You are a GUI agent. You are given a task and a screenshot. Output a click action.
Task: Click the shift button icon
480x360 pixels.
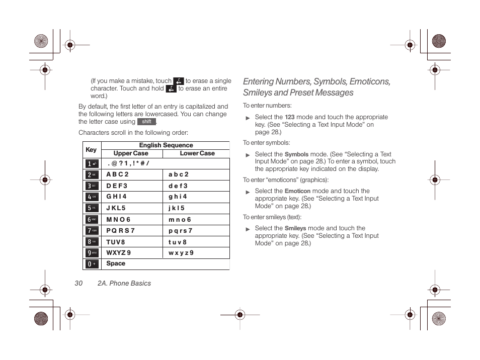146,122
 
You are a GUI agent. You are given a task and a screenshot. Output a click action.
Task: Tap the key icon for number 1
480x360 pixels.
92,164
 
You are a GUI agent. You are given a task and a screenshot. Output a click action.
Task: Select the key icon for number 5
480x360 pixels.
92,208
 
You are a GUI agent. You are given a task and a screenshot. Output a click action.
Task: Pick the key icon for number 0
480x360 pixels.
92,264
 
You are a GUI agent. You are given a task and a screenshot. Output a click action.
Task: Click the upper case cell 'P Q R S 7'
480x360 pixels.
121,231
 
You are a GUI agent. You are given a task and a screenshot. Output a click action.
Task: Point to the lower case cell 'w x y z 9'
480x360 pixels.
181,253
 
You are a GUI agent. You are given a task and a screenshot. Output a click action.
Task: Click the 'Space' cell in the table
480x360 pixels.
116,263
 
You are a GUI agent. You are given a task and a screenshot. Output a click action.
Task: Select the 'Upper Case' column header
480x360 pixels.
131,153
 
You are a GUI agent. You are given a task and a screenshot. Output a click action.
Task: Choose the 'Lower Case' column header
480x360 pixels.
197,153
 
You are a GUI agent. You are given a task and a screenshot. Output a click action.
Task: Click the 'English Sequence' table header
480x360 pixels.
166,145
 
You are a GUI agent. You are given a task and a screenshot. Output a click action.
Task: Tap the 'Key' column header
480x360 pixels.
91,150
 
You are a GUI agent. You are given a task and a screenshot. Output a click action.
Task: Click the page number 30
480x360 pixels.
78,284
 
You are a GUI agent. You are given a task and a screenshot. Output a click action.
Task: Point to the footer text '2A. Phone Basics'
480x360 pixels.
124,284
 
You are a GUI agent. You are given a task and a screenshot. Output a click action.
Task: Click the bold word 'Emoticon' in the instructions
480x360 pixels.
297,192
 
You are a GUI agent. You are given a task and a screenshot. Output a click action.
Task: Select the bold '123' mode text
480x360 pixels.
289,117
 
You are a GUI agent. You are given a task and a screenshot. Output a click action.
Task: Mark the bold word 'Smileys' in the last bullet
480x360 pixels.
295,228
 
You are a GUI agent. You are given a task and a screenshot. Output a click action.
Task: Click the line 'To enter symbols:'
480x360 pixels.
266,143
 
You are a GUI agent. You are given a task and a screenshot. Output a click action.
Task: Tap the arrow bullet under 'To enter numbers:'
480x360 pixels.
248,118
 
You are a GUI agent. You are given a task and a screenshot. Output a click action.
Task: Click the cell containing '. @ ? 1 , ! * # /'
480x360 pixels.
128,164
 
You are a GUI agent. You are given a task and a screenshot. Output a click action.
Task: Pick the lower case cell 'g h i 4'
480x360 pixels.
178,197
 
